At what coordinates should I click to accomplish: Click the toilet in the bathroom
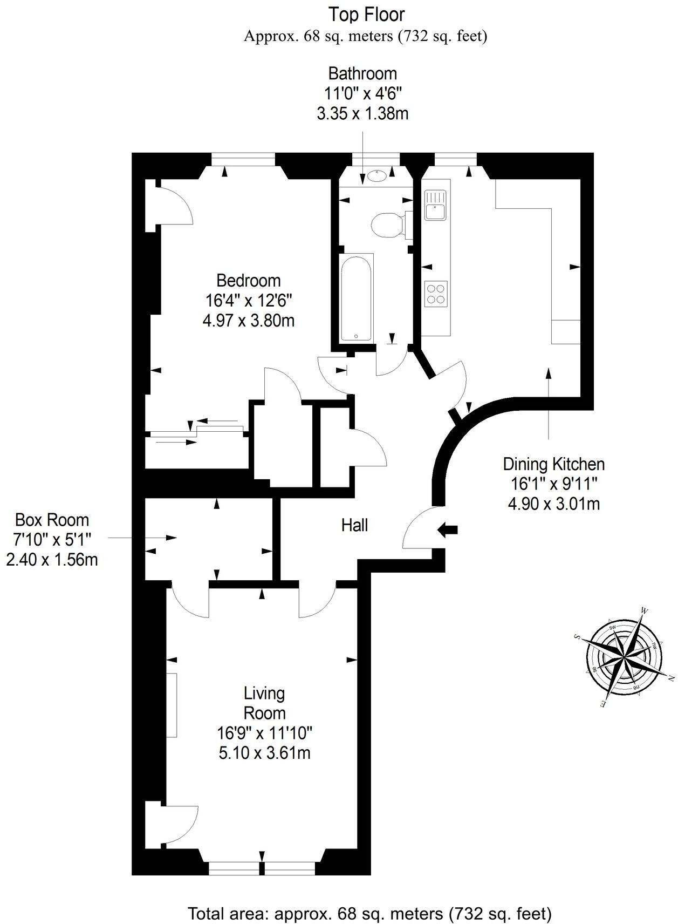(387, 224)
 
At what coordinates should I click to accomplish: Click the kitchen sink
(435, 205)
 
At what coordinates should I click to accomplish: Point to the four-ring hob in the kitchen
(436, 294)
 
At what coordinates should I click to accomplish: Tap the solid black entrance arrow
(447, 529)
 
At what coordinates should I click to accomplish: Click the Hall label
(354, 525)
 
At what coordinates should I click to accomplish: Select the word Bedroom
(249, 281)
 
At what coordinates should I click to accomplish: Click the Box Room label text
(52, 520)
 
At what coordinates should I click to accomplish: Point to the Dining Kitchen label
(553, 464)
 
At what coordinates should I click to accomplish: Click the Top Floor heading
(367, 15)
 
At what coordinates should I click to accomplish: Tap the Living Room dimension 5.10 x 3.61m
(264, 752)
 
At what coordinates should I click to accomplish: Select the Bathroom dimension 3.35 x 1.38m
(362, 114)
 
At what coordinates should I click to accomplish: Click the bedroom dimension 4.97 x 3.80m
(249, 321)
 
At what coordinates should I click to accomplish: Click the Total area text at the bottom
(369, 914)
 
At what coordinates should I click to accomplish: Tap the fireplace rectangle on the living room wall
(172, 705)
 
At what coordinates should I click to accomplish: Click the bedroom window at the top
(243, 159)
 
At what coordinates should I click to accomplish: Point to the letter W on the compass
(644, 610)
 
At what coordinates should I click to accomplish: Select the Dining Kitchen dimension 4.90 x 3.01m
(553, 504)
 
